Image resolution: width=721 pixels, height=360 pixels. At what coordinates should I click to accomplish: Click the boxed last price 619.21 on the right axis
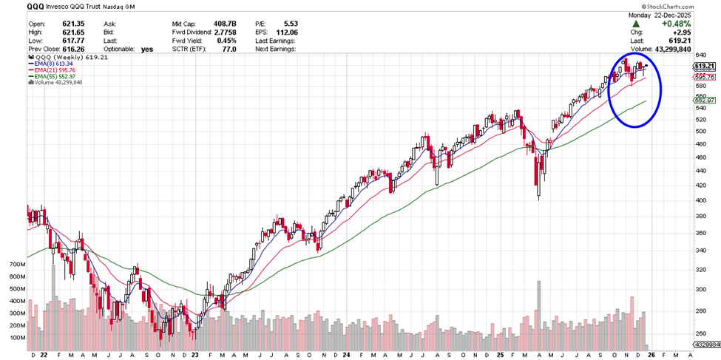pos(704,67)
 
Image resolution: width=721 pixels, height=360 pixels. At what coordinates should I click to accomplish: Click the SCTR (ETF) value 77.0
pos(229,49)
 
